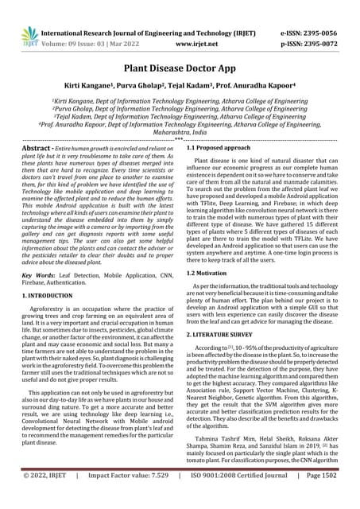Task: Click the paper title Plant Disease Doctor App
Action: [180, 69]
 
